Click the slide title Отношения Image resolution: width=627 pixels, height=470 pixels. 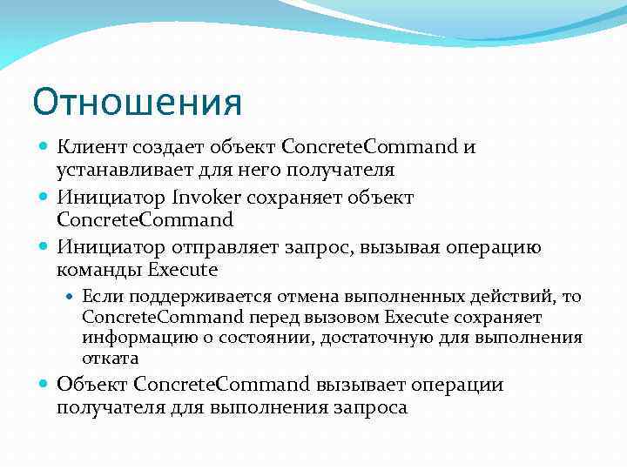click(x=137, y=102)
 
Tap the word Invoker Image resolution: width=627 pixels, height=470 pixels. click(x=208, y=197)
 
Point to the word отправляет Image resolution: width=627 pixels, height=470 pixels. click(x=233, y=247)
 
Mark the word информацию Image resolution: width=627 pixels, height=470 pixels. click(x=133, y=338)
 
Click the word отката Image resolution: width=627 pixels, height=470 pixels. click(x=110, y=358)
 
